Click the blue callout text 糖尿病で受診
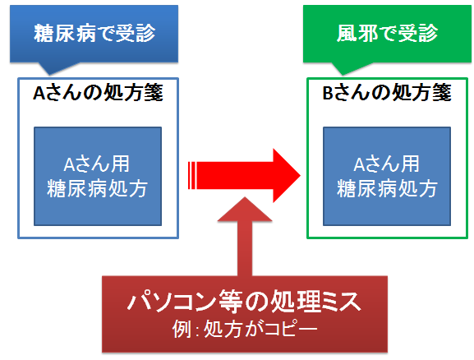click(94, 33)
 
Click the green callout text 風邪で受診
click(387, 33)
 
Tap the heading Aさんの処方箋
click(98, 92)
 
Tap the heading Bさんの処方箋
click(387, 92)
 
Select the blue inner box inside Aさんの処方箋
click(98, 176)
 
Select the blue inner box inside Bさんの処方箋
click(387, 176)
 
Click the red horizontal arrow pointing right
click(244, 175)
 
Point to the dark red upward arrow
click(245, 237)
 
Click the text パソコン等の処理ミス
click(244, 302)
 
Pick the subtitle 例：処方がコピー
click(245, 329)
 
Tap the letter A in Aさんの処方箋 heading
click(39, 93)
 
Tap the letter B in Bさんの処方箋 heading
click(328, 93)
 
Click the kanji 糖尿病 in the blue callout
click(64, 33)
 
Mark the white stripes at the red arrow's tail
click(192, 175)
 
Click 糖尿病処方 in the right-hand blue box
click(387, 188)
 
